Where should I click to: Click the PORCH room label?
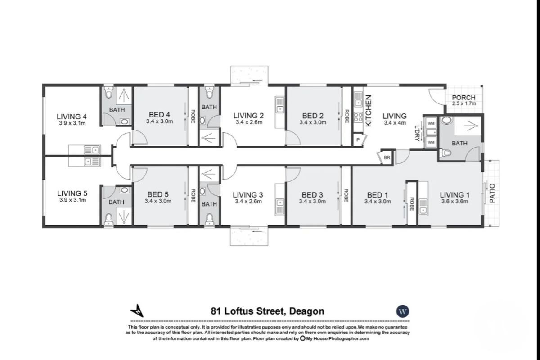463,98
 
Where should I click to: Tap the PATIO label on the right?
492,193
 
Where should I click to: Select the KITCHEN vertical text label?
368,110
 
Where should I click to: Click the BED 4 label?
160,115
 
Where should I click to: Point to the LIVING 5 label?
72,193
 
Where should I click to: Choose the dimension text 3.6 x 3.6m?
454,202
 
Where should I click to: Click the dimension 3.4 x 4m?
395,122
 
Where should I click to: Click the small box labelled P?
358,140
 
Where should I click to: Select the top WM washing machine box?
431,123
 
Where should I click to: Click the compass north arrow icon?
137,310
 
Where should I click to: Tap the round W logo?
402,311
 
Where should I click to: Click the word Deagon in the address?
306,311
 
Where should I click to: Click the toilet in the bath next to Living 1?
445,153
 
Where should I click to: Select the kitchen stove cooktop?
358,117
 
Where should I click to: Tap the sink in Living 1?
423,207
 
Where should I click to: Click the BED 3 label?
312,195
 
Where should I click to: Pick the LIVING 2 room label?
249,116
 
